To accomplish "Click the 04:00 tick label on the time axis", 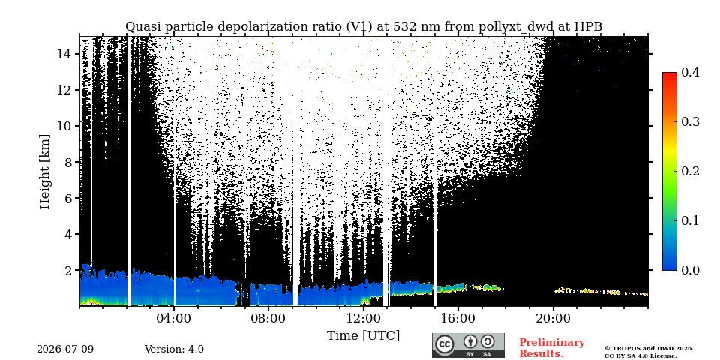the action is pyautogui.click(x=175, y=318).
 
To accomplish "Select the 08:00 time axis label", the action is pyautogui.click(x=269, y=318).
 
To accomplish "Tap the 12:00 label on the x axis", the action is pyautogui.click(x=364, y=318).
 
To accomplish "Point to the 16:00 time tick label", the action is pyautogui.click(x=458, y=318).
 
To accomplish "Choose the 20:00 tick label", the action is pyautogui.click(x=553, y=318).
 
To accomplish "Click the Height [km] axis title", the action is pyautogui.click(x=44, y=172).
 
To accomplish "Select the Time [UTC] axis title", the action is pyautogui.click(x=363, y=336).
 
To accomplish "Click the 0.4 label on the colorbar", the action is pyautogui.click(x=690, y=72).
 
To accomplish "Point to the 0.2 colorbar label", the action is pyautogui.click(x=690, y=171).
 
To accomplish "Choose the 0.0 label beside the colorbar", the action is pyautogui.click(x=690, y=270).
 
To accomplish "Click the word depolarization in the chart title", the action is pyautogui.click(x=255, y=27).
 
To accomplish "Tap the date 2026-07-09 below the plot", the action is pyautogui.click(x=65, y=349).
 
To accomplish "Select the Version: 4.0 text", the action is pyautogui.click(x=174, y=349).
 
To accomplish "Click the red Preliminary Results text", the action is pyautogui.click(x=552, y=348).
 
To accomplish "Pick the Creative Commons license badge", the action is pyautogui.click(x=468, y=345).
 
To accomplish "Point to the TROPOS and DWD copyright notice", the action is pyautogui.click(x=649, y=352).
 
